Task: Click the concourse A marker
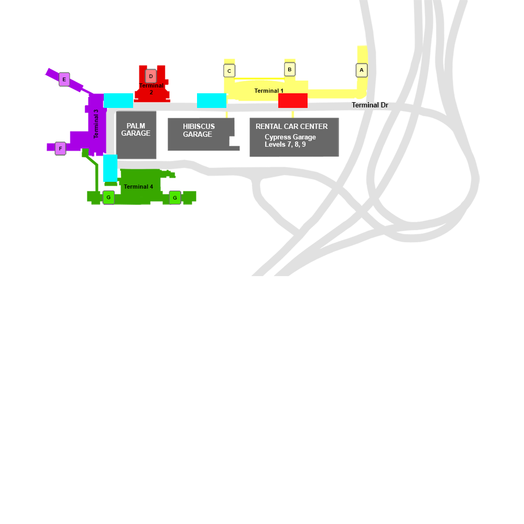pyautogui.click(x=361, y=70)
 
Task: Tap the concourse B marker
pyautogui.click(x=290, y=69)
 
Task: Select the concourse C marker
pyautogui.click(x=229, y=71)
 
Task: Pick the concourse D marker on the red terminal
pyautogui.click(x=151, y=76)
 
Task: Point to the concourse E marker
pyautogui.click(x=64, y=80)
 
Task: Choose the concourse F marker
pyautogui.click(x=60, y=149)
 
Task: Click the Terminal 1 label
pyautogui.click(x=269, y=91)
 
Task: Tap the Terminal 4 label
pyautogui.click(x=138, y=187)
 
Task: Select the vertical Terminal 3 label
pyautogui.click(x=96, y=124)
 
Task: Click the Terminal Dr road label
pyautogui.click(x=369, y=105)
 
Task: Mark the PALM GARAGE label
pyautogui.click(x=136, y=129)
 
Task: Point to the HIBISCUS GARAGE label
pyautogui.click(x=198, y=130)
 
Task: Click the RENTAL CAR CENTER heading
pyautogui.click(x=291, y=126)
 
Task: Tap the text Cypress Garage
pyautogui.click(x=290, y=137)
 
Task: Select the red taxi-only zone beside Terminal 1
pyautogui.click(x=292, y=101)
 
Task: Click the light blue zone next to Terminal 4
pyautogui.click(x=110, y=168)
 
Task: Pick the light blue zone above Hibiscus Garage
pyautogui.click(x=211, y=101)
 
